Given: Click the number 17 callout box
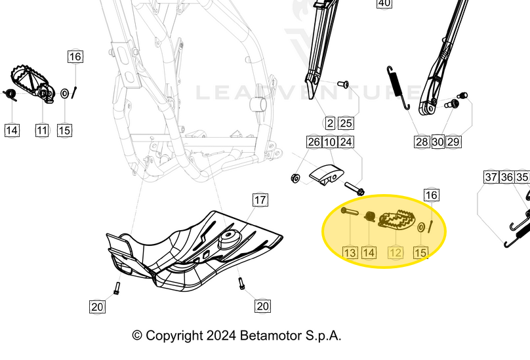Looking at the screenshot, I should click(260, 200).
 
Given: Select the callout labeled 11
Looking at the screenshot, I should click(42, 130).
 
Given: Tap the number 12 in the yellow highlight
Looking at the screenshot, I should click(395, 252).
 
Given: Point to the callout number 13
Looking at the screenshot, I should click(350, 252).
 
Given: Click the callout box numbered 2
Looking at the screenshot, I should click(330, 123).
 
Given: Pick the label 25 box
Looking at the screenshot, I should click(346, 123).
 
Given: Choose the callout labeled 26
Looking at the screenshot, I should click(314, 142).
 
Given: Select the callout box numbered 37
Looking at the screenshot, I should click(491, 177).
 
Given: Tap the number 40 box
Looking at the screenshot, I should click(384, 3).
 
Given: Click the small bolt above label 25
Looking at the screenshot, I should click(342, 84).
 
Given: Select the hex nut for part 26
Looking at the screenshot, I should click(296, 178).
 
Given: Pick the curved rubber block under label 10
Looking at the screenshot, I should click(326, 175).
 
